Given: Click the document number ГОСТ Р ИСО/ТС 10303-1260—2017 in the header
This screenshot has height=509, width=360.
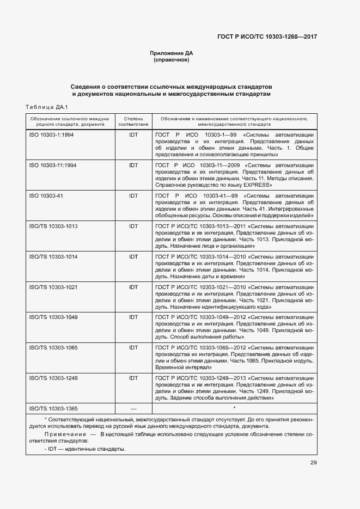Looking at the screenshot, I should [x=267, y=36].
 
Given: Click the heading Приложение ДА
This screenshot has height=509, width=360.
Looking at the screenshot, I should [x=172, y=53].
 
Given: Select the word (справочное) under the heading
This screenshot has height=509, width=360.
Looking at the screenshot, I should [x=172, y=60].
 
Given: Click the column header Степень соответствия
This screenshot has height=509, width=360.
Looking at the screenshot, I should [x=133, y=121].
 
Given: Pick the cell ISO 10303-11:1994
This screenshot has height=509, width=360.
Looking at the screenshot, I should [x=52, y=164].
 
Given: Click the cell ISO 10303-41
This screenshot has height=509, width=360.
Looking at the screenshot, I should [x=45, y=195].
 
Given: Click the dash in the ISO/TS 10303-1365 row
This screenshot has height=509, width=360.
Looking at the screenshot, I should [x=133, y=408].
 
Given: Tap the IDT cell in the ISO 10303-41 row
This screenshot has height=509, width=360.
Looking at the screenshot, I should [x=133, y=195].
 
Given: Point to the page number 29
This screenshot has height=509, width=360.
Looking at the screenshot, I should [x=313, y=463].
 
